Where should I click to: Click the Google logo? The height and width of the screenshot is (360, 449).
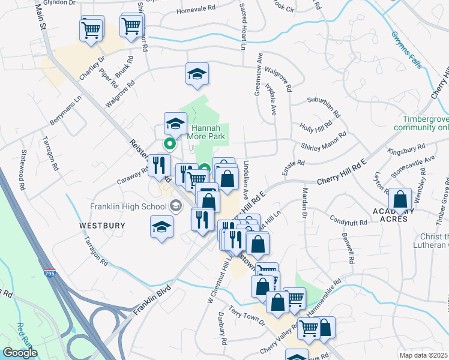tap(20, 353)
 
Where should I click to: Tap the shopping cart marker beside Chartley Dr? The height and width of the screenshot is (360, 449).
tap(91, 29)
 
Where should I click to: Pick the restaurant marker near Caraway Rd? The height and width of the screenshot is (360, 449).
tap(159, 166)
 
